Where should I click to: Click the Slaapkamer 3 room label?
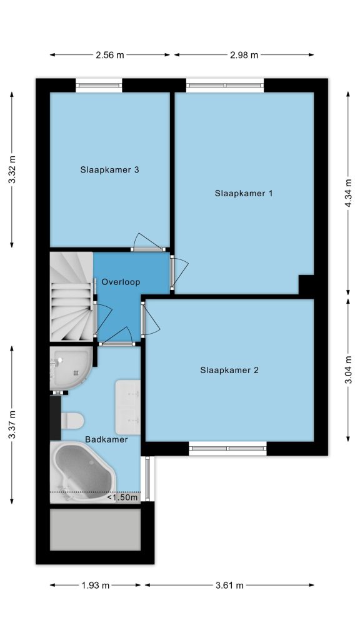tap(109, 170)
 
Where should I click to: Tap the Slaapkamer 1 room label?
tap(243, 193)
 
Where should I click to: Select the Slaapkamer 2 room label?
tap(229, 370)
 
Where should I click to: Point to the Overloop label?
tap(121, 282)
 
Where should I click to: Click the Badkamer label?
tap(106, 439)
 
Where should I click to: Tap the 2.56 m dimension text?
tap(110, 55)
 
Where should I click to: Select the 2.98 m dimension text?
tap(244, 55)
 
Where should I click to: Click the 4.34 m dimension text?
tap(348, 193)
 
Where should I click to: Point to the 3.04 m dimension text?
tap(348, 370)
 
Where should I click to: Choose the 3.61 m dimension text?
tap(229, 585)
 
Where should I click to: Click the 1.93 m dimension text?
tap(96, 585)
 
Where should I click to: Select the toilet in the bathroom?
tap(72, 421)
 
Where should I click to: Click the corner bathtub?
tap(83, 472)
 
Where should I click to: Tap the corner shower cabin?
tap(70, 368)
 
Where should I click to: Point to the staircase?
tap(71, 296)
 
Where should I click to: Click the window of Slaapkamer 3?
tap(99, 85)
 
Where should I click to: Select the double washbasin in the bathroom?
tap(127, 407)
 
